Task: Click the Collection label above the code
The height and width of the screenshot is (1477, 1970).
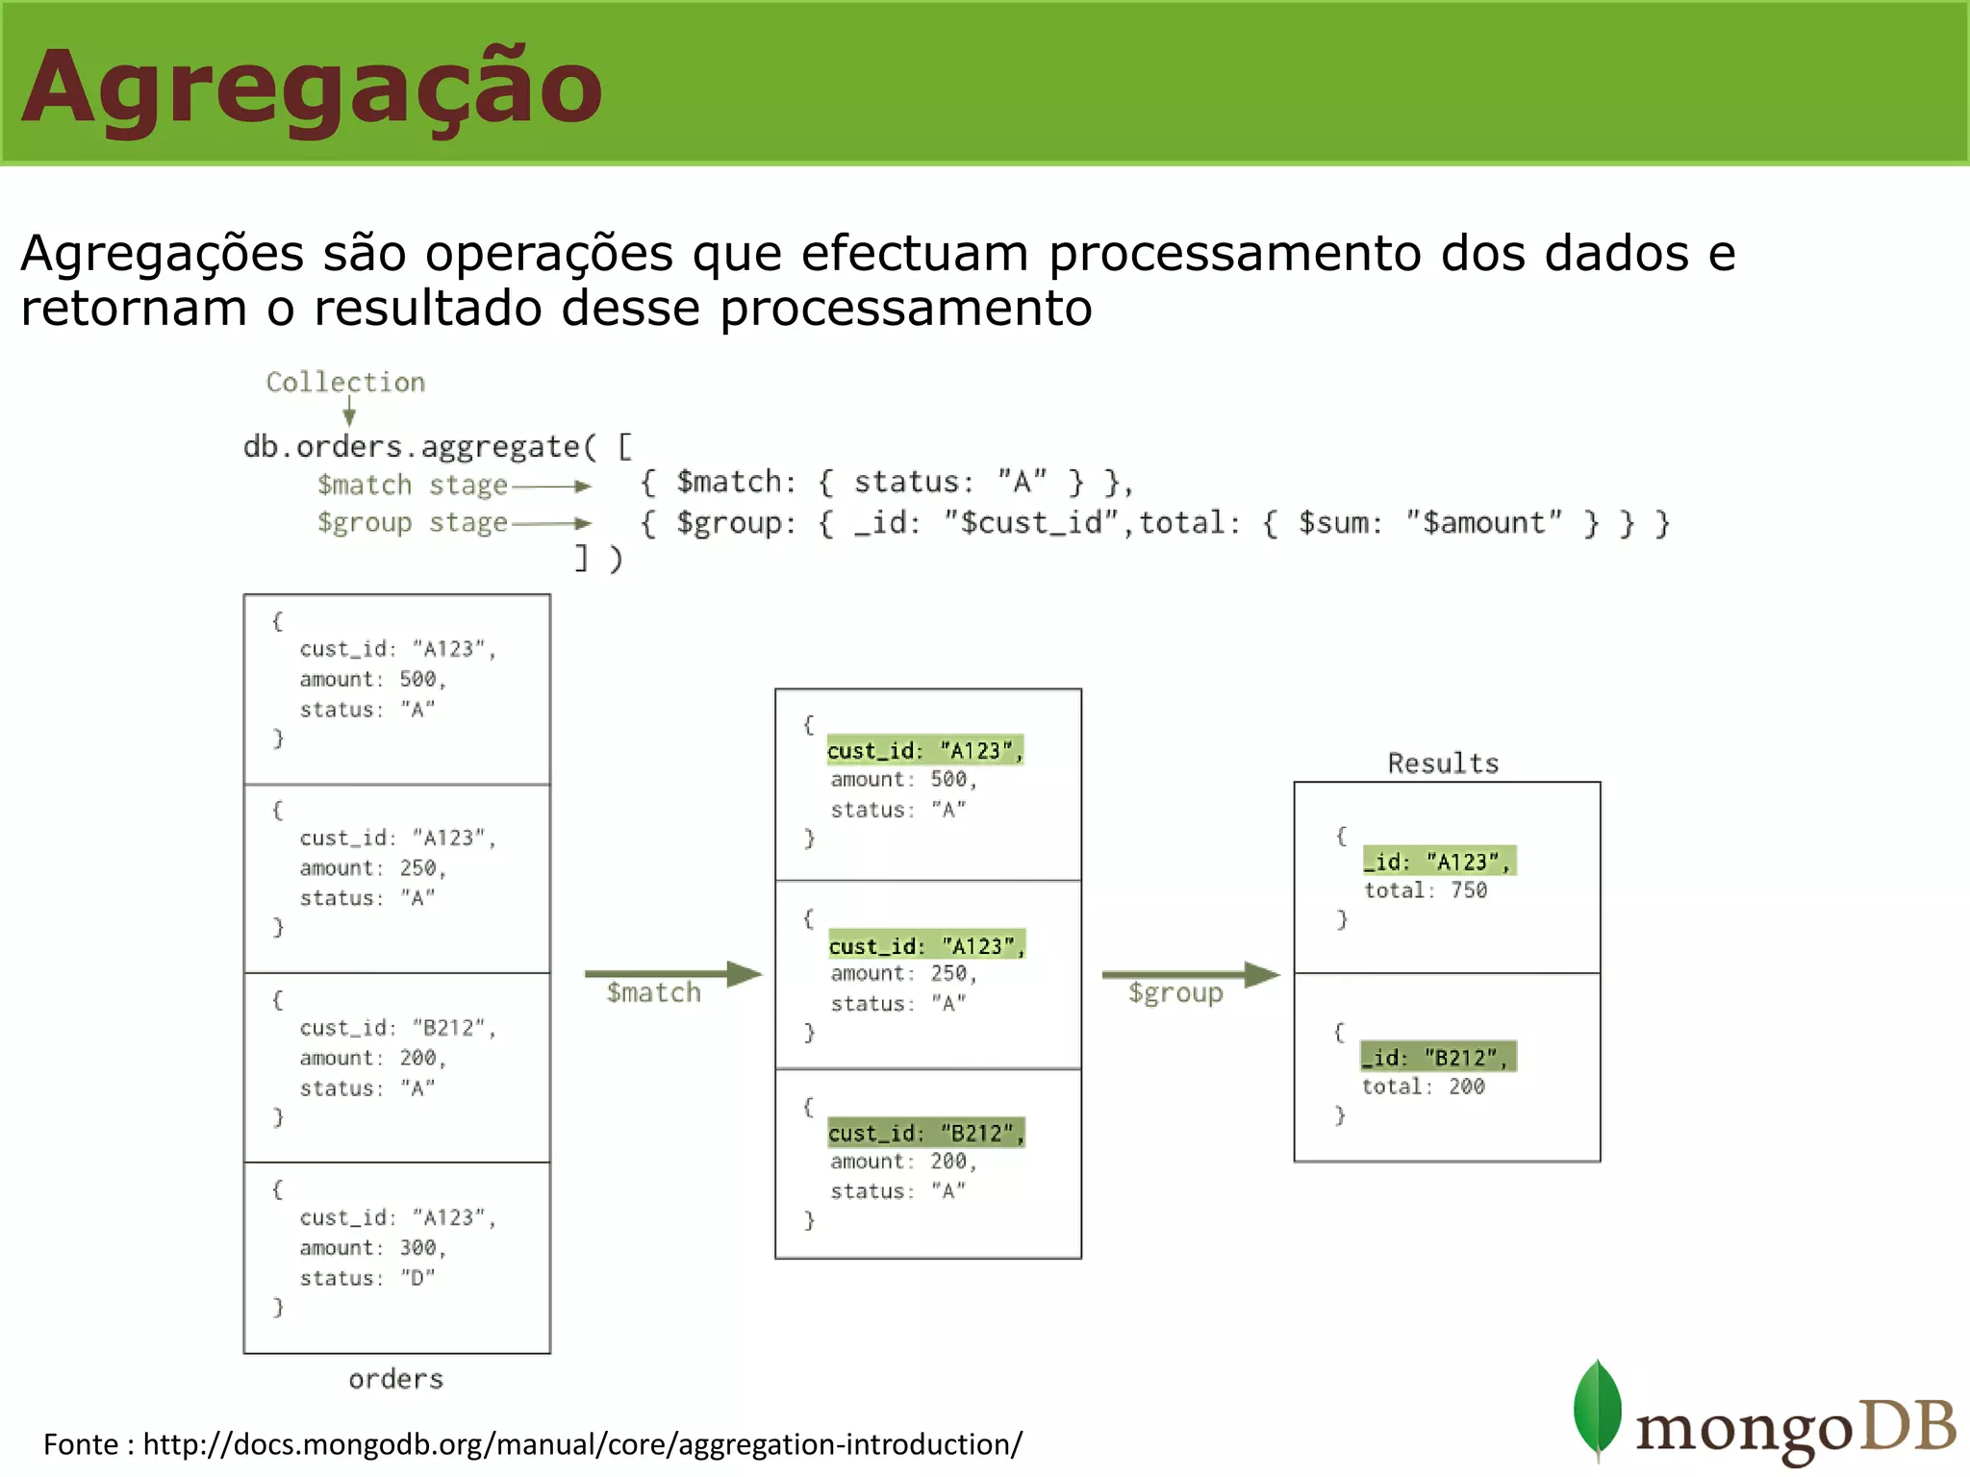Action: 345,383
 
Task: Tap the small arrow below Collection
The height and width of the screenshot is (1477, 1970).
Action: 349,414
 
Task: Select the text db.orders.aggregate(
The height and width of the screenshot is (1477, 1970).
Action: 419,447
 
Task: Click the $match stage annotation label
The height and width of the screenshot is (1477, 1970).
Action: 412,486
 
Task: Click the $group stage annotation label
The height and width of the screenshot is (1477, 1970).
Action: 412,523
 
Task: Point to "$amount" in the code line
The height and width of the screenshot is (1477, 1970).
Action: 1483,524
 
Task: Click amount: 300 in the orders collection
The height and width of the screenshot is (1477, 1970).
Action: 372,1248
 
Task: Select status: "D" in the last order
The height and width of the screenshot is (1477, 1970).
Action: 366,1278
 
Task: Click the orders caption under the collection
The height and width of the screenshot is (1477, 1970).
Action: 395,1380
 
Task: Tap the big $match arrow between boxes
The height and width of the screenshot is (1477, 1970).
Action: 672,975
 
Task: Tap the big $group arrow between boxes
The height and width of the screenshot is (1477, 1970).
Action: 1190,975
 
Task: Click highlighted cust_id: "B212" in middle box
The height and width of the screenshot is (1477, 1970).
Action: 925,1134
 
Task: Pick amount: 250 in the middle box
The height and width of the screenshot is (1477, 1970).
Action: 903,974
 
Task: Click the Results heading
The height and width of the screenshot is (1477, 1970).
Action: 1443,764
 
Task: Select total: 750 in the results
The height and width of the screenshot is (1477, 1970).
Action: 1426,890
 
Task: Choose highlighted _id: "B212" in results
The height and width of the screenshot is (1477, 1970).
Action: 1437,1058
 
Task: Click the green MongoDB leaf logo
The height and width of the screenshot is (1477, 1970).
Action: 1597,1410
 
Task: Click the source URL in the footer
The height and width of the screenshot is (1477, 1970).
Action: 582,1444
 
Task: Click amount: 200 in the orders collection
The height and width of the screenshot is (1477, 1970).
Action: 372,1059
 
